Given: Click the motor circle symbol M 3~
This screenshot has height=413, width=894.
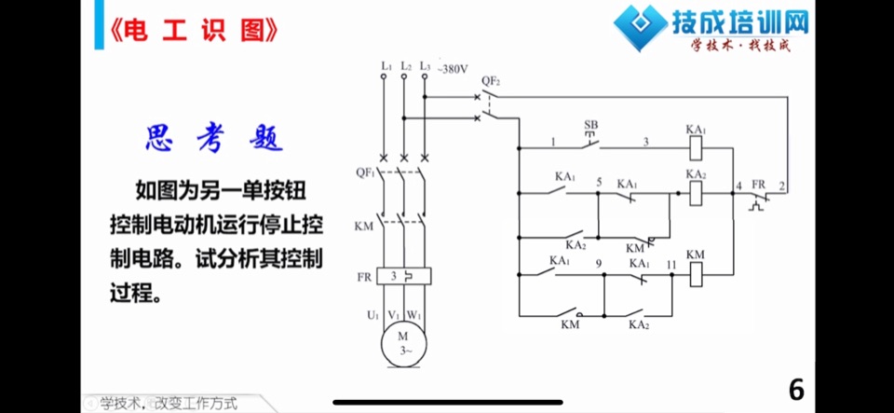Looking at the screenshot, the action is (x=403, y=344).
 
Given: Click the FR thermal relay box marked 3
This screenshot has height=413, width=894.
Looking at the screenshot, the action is (x=403, y=277).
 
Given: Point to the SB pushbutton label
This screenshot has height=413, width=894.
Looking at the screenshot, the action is (x=591, y=124).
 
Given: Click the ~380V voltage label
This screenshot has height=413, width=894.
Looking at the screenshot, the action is (x=453, y=70).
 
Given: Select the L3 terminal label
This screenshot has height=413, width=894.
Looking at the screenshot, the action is (x=425, y=66).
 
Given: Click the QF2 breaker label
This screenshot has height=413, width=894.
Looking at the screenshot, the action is (x=491, y=81).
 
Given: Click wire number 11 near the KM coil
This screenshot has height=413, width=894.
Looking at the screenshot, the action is (x=670, y=264).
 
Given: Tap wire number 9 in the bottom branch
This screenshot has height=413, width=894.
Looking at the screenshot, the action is (x=598, y=264).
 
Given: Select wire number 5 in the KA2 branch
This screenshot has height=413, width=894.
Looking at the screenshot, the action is (x=599, y=183).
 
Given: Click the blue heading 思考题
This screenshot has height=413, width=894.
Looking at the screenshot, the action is (x=214, y=139).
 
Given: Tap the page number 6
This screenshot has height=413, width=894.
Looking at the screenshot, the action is (x=796, y=391).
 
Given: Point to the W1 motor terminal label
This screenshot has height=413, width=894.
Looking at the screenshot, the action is (x=413, y=315).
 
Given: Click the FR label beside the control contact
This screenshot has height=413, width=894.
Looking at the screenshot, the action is (x=758, y=185).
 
